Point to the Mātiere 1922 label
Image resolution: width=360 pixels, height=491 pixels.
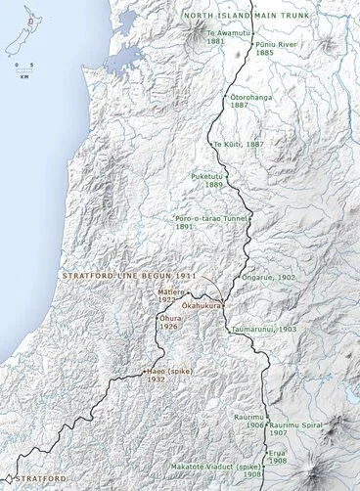coord(179,294)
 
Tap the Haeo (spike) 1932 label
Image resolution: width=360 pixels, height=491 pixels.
coord(168,377)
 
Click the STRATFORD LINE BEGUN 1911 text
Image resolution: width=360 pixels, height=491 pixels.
coord(129,276)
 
